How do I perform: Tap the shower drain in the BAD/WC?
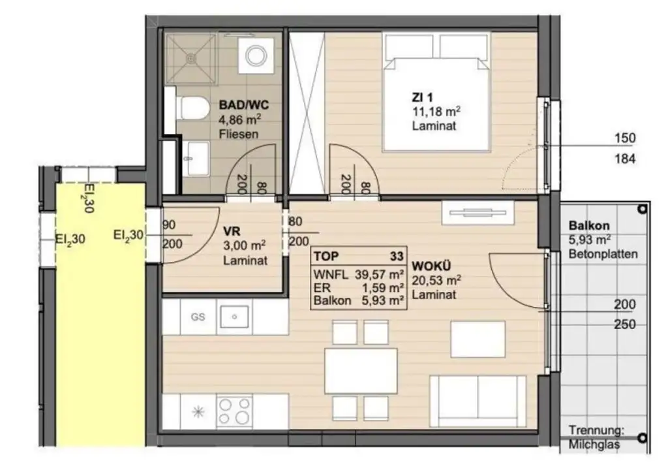(190, 58)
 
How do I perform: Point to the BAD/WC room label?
(240, 104)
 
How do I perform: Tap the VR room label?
(231, 231)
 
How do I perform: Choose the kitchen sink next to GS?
(234, 318)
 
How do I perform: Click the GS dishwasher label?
(198, 317)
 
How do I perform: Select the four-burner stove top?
(235, 410)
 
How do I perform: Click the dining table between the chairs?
(361, 371)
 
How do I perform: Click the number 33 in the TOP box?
(395, 257)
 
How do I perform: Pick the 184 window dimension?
(625, 159)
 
